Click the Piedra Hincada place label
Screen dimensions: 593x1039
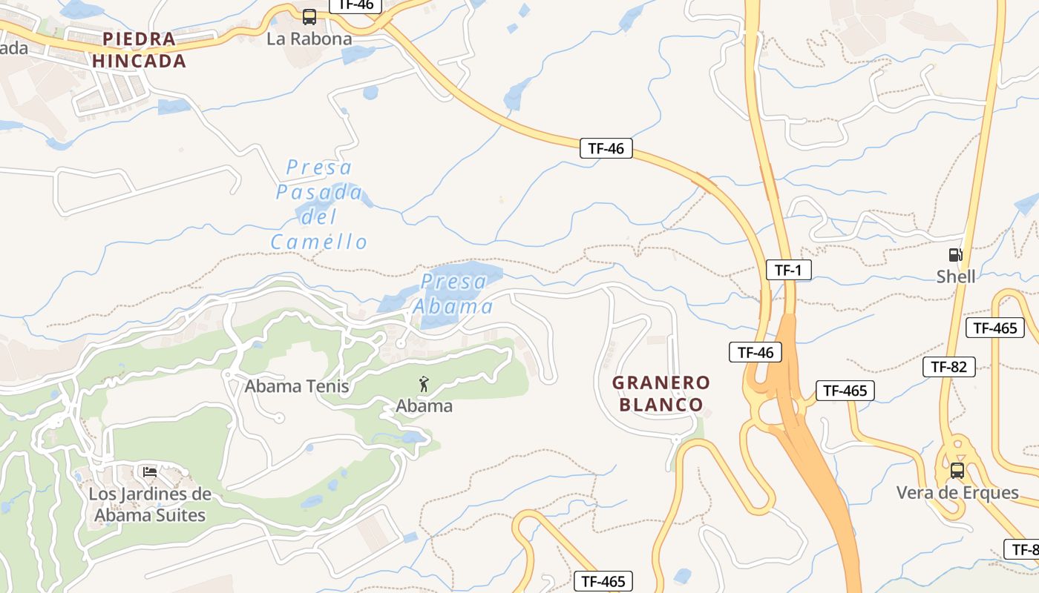(x=140, y=50)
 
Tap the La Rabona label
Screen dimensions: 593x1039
(x=309, y=39)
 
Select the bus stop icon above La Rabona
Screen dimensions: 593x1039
(x=309, y=16)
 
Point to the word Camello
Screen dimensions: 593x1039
(x=319, y=242)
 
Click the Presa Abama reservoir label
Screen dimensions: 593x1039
(x=453, y=294)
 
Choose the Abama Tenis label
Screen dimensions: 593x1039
(x=297, y=386)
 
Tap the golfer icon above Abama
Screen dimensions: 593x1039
(x=424, y=384)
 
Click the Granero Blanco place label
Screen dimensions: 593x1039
(x=661, y=394)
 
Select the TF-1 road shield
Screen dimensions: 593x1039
(x=788, y=270)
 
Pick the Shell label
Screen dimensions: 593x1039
(x=956, y=276)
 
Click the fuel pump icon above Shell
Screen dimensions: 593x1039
(x=956, y=255)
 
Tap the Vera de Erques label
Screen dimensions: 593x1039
(x=957, y=492)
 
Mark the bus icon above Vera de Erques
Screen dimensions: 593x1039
(x=957, y=470)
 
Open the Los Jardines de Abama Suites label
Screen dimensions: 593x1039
(x=150, y=504)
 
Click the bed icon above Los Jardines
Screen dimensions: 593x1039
(x=150, y=471)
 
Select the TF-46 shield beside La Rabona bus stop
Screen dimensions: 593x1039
(x=355, y=5)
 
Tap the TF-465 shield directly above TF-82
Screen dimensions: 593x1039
(x=994, y=328)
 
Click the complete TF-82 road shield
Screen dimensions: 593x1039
(x=948, y=366)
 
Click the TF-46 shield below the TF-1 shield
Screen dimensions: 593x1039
(x=756, y=352)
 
